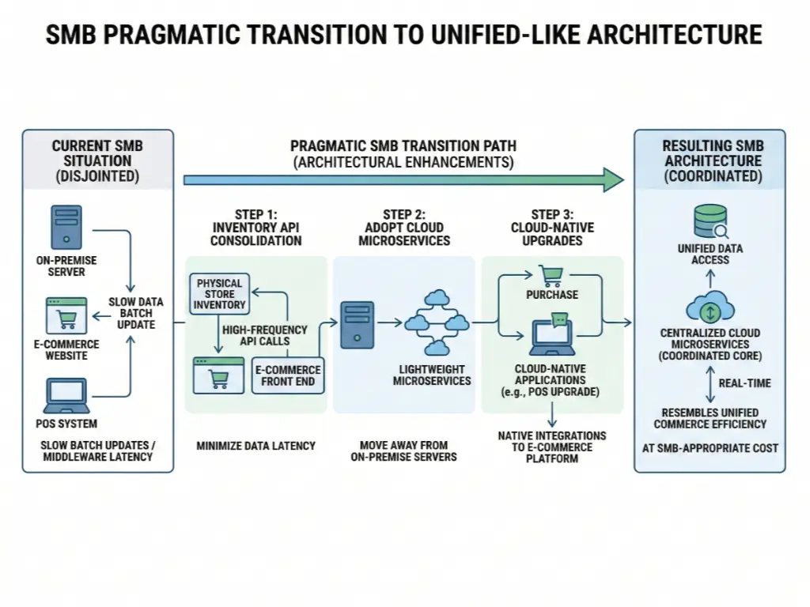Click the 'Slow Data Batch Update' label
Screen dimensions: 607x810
[x=135, y=314]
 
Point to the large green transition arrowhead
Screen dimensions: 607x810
[x=612, y=180]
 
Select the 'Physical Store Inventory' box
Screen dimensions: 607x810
[x=220, y=294]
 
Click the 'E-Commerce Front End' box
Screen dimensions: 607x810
[x=287, y=375]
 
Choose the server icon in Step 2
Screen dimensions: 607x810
[x=352, y=323]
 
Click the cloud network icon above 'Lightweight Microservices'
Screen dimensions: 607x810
[x=437, y=322]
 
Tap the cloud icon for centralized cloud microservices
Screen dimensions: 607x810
[x=710, y=307]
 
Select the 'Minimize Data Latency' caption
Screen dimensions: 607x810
[x=255, y=446]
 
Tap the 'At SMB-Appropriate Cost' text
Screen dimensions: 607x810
[x=710, y=448]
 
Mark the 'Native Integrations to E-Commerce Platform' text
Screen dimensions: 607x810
[x=552, y=447]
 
